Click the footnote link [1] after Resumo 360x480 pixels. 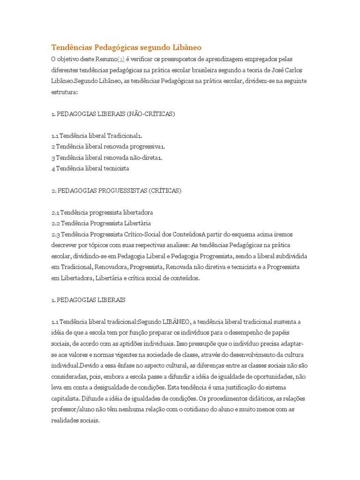coord(120,59)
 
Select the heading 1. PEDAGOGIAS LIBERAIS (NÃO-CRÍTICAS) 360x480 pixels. coord(113,113)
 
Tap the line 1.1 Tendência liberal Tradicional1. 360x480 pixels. coord(97,135)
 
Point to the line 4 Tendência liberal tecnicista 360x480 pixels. coord(90,168)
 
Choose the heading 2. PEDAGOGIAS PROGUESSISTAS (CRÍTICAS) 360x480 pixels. coord(116,190)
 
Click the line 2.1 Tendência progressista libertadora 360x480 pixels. coord(102,212)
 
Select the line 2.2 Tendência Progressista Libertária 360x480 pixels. coord(101,223)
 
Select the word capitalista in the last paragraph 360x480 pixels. coord(65,398)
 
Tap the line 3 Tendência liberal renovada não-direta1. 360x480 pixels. coord(107,157)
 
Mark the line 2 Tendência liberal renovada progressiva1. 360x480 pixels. coord(108,146)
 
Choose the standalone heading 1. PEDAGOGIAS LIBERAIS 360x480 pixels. coord(89,299)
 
